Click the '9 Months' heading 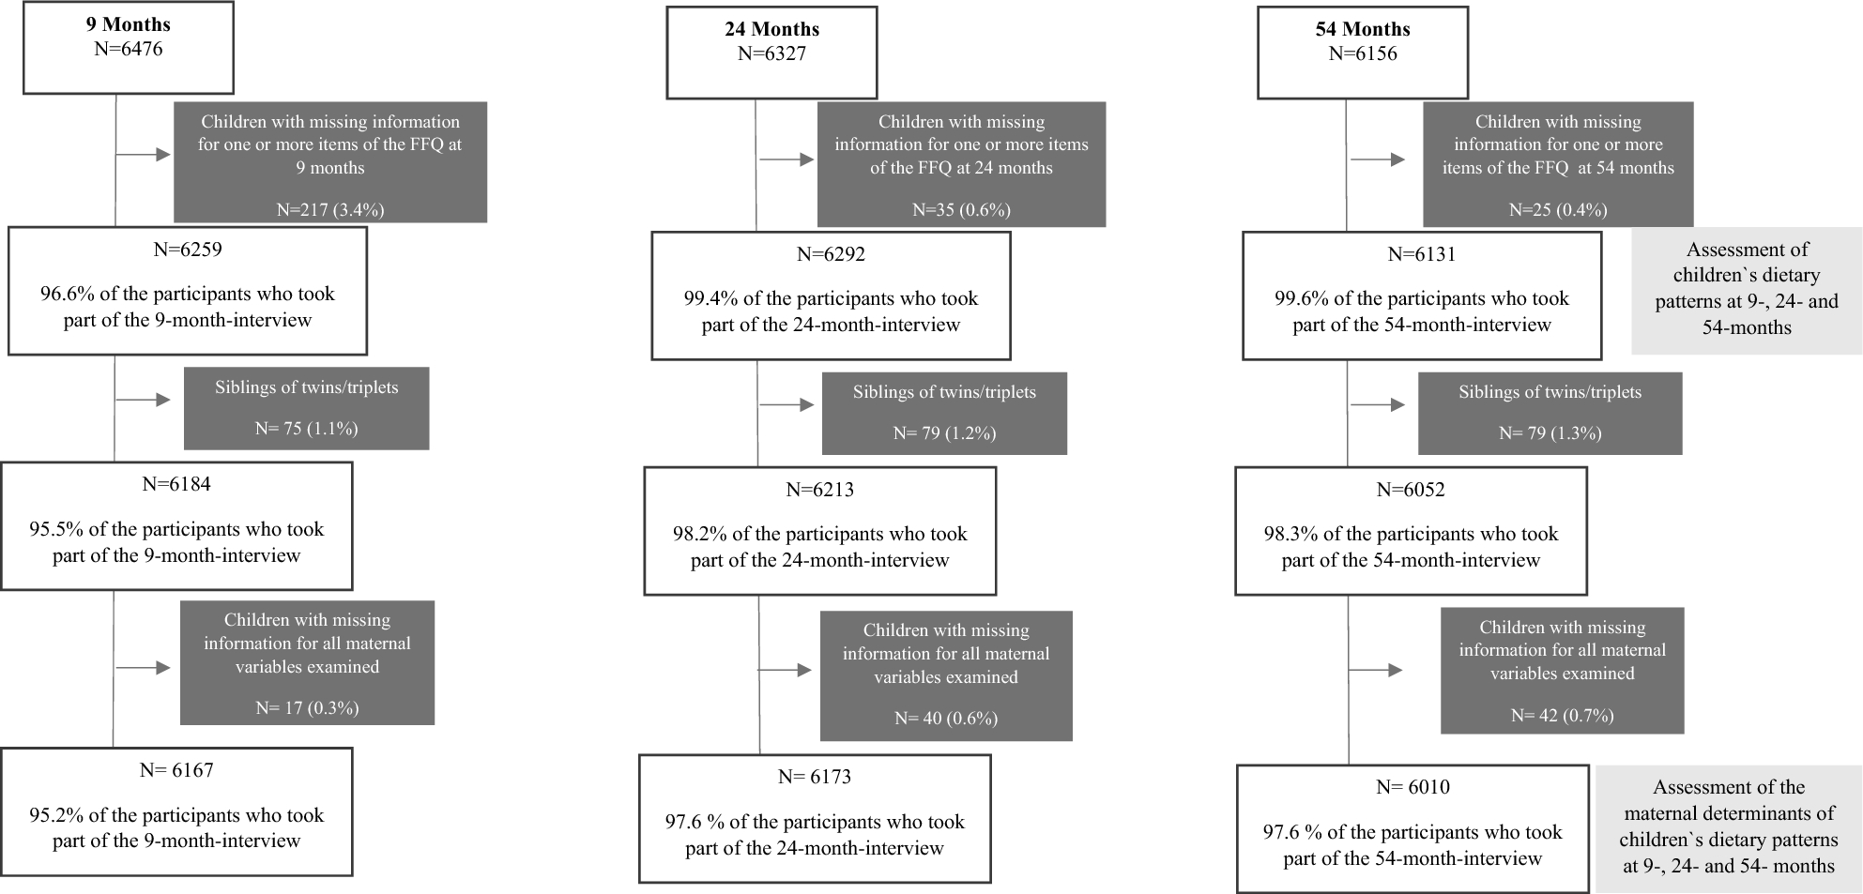point(129,25)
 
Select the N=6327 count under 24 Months point(771,53)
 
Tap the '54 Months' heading point(1363,29)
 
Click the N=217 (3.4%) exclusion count point(330,209)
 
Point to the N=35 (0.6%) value point(961,209)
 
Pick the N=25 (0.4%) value point(1558,209)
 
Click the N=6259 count point(188,250)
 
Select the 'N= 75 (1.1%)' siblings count point(307,428)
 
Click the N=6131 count point(1422,253)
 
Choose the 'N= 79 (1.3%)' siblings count point(1550,432)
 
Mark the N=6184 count point(176,484)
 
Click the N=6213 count point(820,489)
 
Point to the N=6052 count point(1411,489)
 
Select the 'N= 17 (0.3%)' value point(307,707)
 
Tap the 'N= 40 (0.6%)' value point(946,718)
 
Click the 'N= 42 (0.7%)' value point(1563,715)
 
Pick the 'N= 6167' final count point(176,770)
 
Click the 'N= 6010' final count point(1413,787)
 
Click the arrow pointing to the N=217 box point(144,154)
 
